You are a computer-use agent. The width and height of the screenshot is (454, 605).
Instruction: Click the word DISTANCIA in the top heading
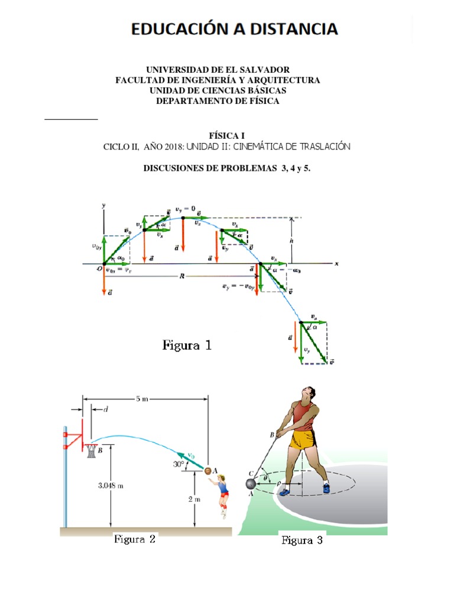coord(293,30)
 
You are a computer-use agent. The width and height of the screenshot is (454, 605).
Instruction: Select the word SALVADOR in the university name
coord(262,70)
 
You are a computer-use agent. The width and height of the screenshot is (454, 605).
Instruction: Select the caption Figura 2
coord(135,539)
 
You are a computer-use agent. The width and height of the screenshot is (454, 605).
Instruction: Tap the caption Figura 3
coord(301,540)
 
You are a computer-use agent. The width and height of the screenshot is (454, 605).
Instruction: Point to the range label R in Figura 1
coord(183,275)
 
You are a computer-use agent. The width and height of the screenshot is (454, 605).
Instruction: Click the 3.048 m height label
coord(111,486)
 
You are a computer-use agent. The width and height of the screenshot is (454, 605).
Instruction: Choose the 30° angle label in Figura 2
coord(179,464)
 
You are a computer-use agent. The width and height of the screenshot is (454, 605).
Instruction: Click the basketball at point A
coord(207,471)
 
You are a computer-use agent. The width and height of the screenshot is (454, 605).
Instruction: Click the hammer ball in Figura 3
coord(251,484)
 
